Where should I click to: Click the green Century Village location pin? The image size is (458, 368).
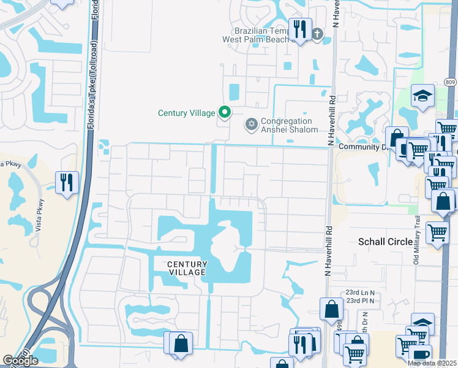pos(225,112)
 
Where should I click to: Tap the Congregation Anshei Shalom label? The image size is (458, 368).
pos(290,125)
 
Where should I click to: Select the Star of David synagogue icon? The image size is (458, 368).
pos(250,125)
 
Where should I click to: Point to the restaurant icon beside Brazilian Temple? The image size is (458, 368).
pos(299,29)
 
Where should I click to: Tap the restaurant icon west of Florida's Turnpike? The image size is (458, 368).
pos(67,182)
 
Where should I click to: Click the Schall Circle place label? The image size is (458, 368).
pos(385,242)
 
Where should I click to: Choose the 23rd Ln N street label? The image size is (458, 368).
pos(360,293)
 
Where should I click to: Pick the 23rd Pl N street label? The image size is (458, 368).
pos(360,301)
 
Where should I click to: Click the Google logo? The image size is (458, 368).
pos(20,360)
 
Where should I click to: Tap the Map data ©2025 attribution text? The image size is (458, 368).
pos(432,363)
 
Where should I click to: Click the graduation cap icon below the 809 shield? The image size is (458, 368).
pos(422,95)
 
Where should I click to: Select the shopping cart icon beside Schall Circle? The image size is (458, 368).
pos(437,232)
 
